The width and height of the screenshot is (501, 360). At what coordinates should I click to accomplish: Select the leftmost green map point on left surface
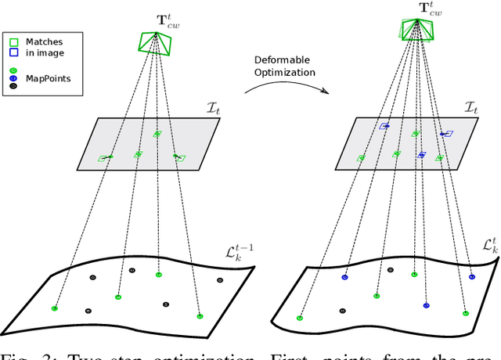[55, 308]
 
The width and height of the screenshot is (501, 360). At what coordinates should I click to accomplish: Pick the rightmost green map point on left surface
[200, 316]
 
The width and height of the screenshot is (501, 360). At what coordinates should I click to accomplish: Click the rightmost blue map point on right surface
[471, 276]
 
